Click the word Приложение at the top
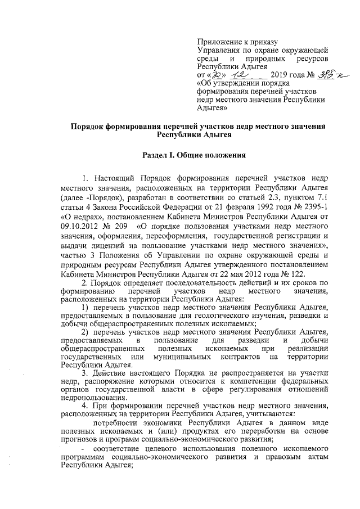click(x=217, y=42)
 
